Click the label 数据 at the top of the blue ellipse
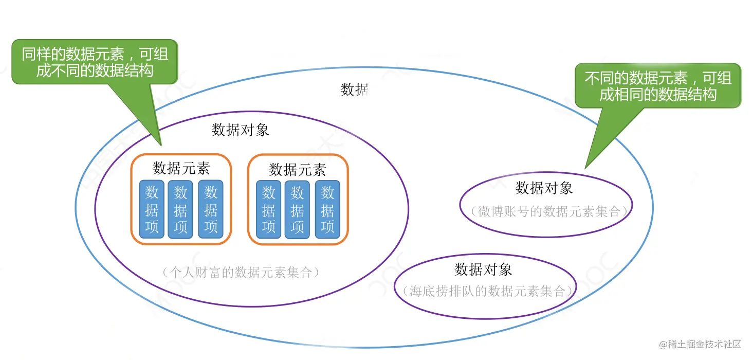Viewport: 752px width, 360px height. pyautogui.click(x=355, y=89)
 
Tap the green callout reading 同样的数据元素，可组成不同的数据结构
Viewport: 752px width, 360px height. pyautogui.click(x=95, y=62)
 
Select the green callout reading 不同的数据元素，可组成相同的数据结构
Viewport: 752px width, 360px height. pyautogui.click(x=658, y=86)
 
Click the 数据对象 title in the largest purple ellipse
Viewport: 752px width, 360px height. pyautogui.click(x=240, y=130)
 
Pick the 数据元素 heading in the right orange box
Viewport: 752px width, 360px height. pyautogui.click(x=298, y=169)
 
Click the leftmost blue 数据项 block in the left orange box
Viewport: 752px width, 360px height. pyautogui.click(x=152, y=209)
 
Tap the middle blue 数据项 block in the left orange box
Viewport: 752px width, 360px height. pyautogui.click(x=180, y=209)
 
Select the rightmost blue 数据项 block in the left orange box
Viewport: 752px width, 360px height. pyautogui.click(x=211, y=209)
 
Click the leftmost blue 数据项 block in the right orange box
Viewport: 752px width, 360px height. pyautogui.click(x=268, y=209)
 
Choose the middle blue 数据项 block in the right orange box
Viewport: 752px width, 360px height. pyautogui.click(x=297, y=209)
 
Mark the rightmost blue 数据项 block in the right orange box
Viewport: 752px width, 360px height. pyautogui.click(x=327, y=209)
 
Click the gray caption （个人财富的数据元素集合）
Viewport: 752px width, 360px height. pyautogui.click(x=241, y=272)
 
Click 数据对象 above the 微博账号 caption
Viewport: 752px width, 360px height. pyautogui.click(x=544, y=188)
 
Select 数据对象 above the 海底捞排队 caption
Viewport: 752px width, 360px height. pyautogui.click(x=483, y=269)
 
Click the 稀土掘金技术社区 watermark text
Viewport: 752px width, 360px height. pyautogui.click(x=705, y=344)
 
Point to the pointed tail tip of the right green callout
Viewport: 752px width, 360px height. pyautogui.click(x=585, y=168)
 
